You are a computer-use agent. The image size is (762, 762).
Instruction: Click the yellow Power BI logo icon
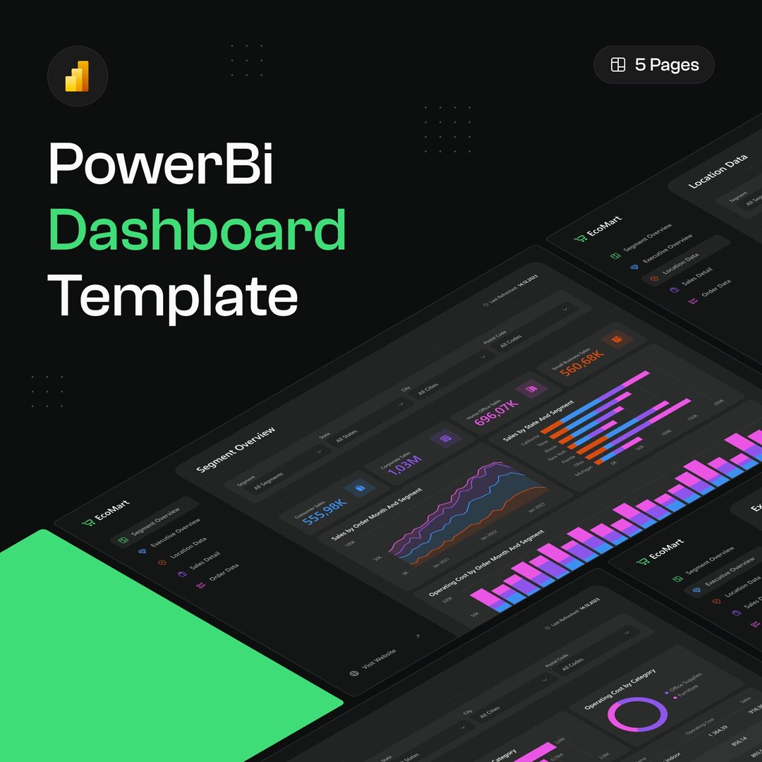(77, 76)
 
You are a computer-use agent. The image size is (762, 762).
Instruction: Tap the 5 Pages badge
(654, 65)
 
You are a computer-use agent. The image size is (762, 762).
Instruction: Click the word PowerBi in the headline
(161, 164)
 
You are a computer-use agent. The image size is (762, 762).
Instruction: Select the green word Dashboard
(198, 230)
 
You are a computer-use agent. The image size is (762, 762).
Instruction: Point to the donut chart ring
(637, 713)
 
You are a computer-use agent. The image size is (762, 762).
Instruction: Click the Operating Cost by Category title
(620, 688)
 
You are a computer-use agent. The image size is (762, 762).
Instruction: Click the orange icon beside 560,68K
(617, 339)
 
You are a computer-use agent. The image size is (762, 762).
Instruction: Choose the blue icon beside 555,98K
(360, 488)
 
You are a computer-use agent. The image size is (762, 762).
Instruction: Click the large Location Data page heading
(718, 171)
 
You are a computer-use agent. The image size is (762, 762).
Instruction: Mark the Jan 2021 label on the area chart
(441, 563)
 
